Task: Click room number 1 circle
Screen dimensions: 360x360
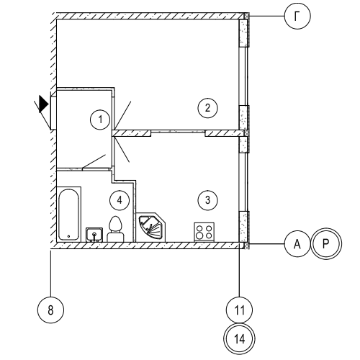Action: pos(100,120)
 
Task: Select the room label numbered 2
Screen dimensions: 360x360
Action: pos(207,108)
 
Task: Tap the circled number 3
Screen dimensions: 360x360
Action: pos(208,200)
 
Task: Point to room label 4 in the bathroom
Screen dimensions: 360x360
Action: pos(120,200)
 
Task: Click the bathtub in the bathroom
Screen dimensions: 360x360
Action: pos(68,215)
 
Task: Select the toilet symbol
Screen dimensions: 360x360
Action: pos(115,229)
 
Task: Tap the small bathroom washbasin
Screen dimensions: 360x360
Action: pos(94,235)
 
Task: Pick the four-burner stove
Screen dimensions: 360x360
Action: pos(204,232)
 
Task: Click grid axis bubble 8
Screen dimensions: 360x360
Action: pos(50,310)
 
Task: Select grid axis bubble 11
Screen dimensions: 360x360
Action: pos(239,310)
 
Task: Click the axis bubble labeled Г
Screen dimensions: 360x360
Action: pos(297,16)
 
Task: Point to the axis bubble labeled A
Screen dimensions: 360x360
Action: pos(297,244)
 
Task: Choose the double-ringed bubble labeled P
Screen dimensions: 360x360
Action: pos(326,244)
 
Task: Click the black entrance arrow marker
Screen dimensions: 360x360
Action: pos(44,104)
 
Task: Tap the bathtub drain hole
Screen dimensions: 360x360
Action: pos(68,236)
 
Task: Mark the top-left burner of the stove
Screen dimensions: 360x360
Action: pos(199,228)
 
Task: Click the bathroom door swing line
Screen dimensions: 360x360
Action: pos(94,161)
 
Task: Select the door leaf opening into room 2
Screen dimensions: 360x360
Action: pos(123,114)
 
